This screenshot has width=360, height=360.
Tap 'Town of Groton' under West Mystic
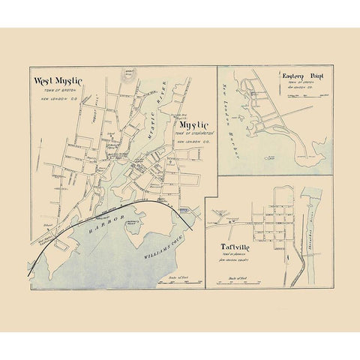(x=55, y=91)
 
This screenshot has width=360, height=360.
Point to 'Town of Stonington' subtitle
(x=193, y=133)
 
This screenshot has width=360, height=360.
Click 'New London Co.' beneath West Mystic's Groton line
(x=54, y=100)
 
